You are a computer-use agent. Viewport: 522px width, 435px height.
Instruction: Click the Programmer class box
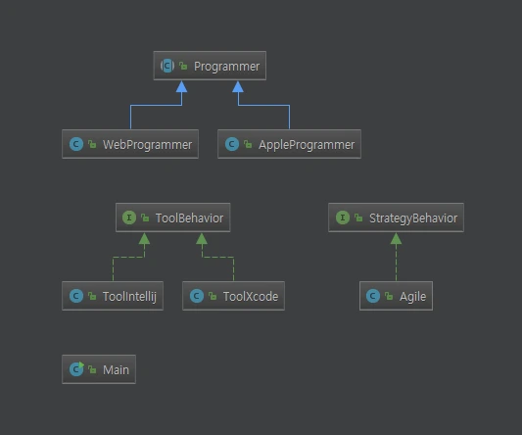(211, 67)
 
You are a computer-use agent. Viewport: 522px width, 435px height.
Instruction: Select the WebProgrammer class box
(130, 144)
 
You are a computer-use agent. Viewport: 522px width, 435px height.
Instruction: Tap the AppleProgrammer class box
(290, 144)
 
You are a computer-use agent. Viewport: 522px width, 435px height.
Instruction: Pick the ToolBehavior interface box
(172, 218)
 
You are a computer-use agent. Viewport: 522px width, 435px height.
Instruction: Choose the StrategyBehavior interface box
(396, 218)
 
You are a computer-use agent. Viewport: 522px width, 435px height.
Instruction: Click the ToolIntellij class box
(119, 296)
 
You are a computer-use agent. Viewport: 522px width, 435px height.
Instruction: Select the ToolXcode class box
(234, 296)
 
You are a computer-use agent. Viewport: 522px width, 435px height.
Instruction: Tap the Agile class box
(396, 296)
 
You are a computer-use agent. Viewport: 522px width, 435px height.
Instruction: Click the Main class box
(98, 370)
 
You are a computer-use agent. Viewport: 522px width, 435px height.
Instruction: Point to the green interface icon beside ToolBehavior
(129, 218)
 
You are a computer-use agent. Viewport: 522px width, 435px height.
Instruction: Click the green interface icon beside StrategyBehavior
(342, 218)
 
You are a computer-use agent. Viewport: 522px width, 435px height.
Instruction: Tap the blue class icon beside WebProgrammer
(76, 144)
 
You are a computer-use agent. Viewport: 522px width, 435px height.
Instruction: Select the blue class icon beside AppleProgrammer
(232, 144)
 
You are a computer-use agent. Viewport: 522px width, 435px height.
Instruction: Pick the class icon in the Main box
(76, 370)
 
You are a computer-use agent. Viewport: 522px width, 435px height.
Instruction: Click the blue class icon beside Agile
(374, 296)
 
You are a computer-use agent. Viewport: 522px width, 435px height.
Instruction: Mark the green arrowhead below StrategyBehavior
(396, 238)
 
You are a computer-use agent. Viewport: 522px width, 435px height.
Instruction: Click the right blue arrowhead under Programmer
(238, 86)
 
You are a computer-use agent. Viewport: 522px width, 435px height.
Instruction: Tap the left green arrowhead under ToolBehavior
(145, 238)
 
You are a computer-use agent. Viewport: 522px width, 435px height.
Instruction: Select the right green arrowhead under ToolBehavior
(202, 238)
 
